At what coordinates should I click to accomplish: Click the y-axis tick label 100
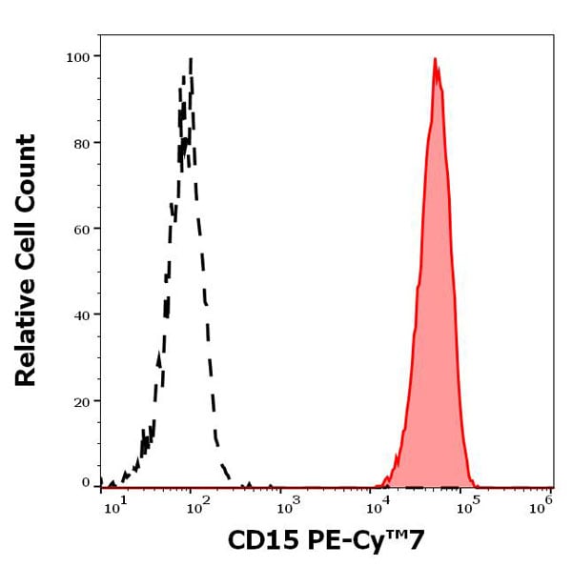point(77,57)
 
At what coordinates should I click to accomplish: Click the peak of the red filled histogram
point(435,60)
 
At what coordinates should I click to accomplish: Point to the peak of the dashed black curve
point(191,59)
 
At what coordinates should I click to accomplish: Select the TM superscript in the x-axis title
point(397,535)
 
